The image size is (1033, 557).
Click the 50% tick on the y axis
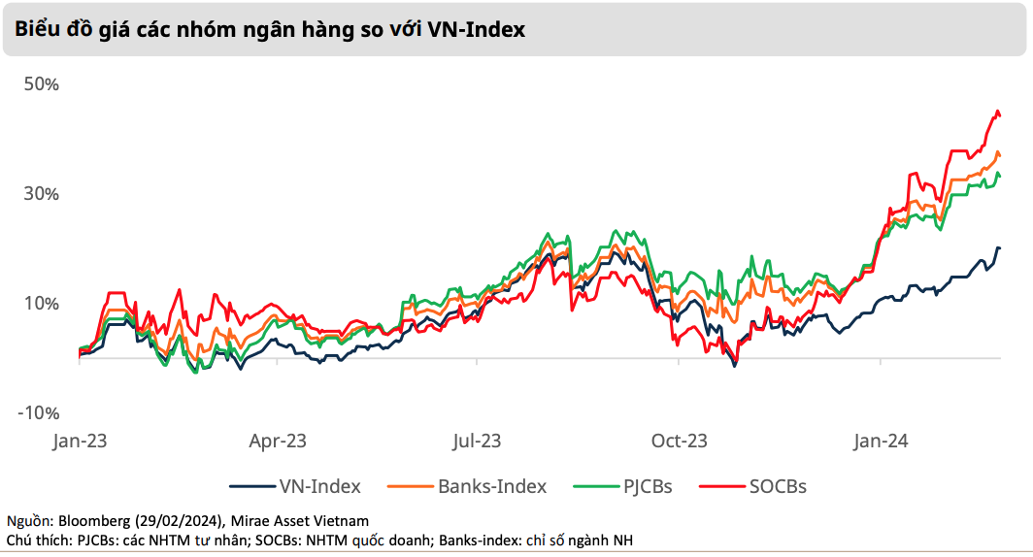[x=42, y=84]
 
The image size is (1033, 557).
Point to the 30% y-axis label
[x=42, y=194]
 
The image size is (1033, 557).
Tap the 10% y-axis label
[x=42, y=304]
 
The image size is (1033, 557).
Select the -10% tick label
[x=39, y=413]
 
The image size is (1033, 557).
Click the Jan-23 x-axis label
[x=80, y=442]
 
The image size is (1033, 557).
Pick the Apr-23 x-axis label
[x=278, y=442]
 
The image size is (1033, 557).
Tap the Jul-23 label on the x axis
[x=476, y=442]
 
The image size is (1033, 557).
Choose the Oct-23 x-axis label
[x=680, y=442]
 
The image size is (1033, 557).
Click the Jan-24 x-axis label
[x=881, y=442]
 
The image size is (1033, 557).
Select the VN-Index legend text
[x=319, y=486]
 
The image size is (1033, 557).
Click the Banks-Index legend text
[x=492, y=486]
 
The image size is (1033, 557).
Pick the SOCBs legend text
[x=778, y=486]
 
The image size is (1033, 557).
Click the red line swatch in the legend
[x=719, y=486]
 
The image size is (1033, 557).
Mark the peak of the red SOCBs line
[x=996, y=113]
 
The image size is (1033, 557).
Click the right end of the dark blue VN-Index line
[x=999, y=248]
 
